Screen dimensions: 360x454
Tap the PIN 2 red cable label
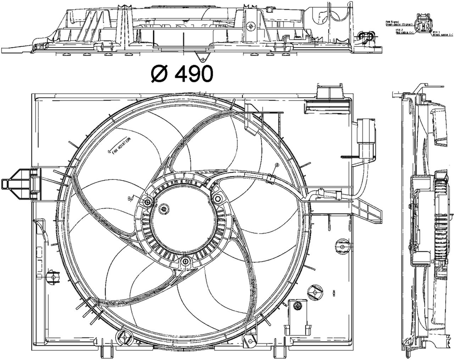tap(404, 32)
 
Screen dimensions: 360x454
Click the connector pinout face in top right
tap(425, 24)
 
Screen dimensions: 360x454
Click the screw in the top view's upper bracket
tap(251, 25)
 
